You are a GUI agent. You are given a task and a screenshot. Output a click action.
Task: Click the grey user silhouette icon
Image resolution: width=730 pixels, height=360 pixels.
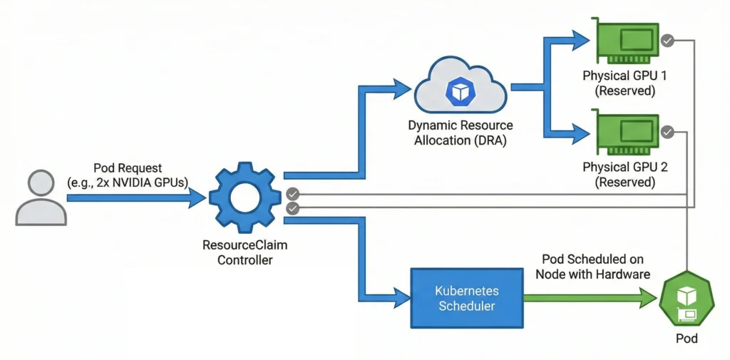[x=41, y=197]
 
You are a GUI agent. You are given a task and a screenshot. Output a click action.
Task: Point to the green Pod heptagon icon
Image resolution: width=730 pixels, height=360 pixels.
[x=687, y=299]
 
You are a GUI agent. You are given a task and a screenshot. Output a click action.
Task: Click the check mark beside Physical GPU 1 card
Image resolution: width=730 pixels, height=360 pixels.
[x=667, y=41]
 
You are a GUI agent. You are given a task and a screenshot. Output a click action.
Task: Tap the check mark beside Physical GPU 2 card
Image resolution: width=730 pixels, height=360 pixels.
[x=667, y=132]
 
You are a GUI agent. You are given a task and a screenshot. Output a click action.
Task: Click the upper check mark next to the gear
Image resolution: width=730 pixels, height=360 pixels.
[x=292, y=194]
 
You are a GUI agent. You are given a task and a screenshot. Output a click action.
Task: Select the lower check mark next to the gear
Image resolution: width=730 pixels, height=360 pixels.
[x=292, y=208]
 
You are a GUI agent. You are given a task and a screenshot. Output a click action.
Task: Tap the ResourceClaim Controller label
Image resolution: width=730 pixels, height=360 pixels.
[x=245, y=253]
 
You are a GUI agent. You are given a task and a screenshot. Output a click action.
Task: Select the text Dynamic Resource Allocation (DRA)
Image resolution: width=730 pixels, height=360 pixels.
[x=460, y=133]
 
